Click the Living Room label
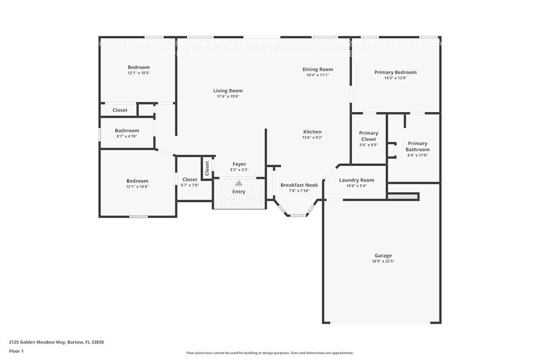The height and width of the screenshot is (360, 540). pos(228,91)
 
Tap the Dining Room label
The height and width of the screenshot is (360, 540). pos(318,70)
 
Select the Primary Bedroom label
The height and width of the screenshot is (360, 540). pos(395,72)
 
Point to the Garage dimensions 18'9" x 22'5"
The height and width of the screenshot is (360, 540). pos(383,261)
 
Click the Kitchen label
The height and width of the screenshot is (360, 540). pos(312,132)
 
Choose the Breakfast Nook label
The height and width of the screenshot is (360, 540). pos(299,185)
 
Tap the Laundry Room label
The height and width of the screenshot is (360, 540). pos(356,180)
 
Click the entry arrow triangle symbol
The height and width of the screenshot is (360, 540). pos(239,182)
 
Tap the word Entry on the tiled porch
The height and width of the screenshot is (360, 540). pos(239,192)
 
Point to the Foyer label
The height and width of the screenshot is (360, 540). pos(239,164)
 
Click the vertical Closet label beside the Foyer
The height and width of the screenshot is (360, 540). pos(207,168)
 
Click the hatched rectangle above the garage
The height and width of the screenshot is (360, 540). pos(403,197)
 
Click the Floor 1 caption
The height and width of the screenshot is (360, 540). pos(16,351)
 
